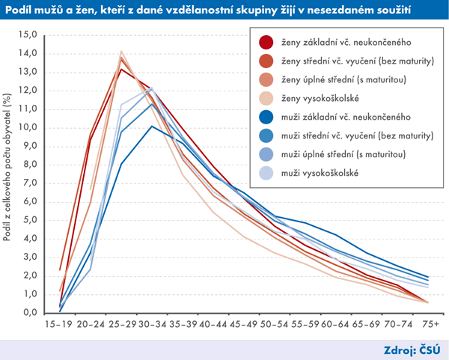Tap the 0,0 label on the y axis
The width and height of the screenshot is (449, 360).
pyautogui.click(x=28, y=313)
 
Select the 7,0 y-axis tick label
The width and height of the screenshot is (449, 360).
pyautogui.click(x=28, y=183)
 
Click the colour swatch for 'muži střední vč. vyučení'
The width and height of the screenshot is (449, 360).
pyautogui.click(x=264, y=135)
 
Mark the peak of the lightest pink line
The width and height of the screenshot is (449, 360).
pyautogui.click(x=121, y=52)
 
